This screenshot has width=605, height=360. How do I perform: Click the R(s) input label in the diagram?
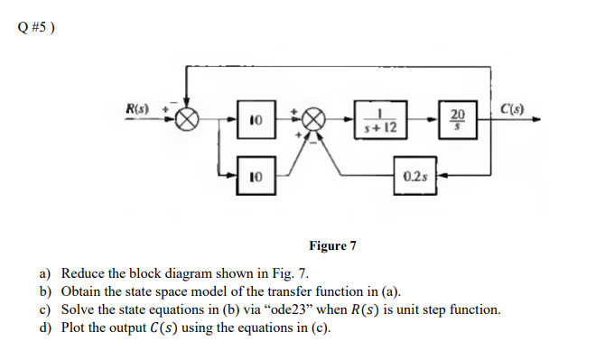(137, 110)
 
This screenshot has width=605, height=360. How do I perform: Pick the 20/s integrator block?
(458, 119)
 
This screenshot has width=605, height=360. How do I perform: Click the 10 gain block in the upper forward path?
(255, 119)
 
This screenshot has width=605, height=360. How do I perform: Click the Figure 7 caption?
(332, 245)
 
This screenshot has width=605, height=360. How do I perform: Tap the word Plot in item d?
(74, 328)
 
